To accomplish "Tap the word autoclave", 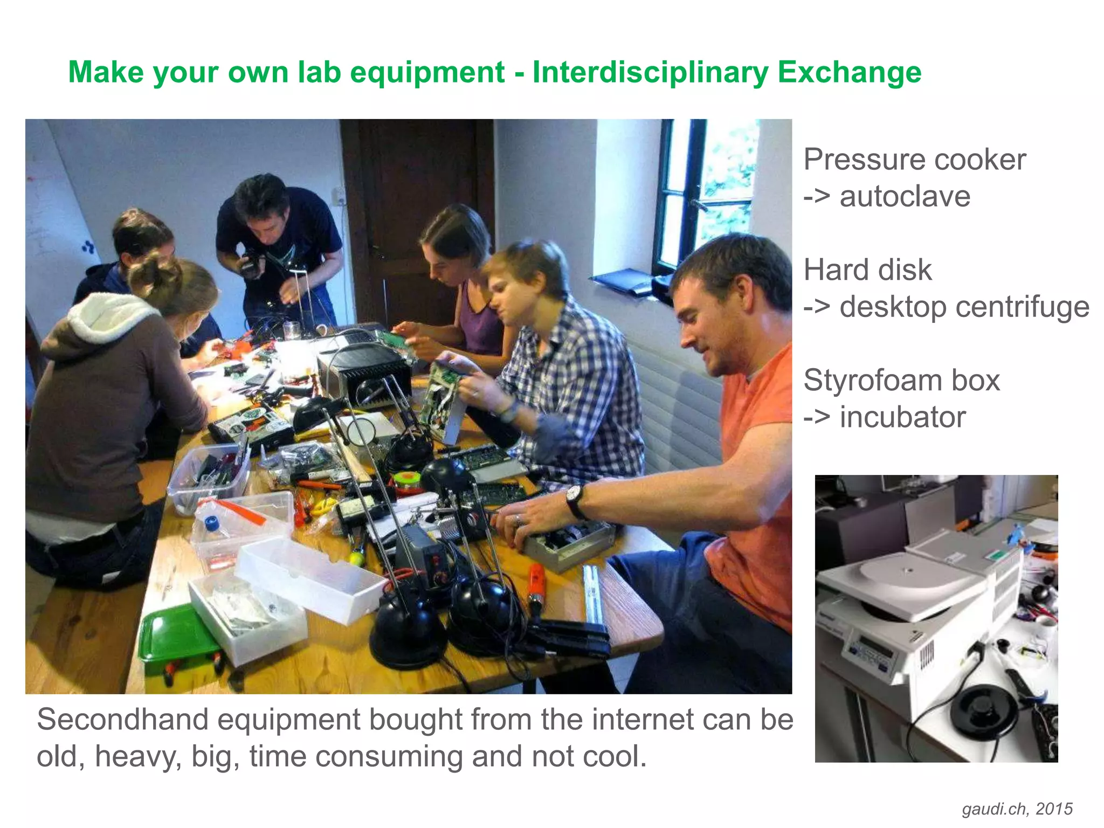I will pyautogui.click(x=905, y=196).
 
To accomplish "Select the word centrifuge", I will pyautogui.click(x=964, y=307).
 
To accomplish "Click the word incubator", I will pyautogui.click(x=902, y=417).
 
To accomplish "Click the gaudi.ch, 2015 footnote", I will pyautogui.click(x=1017, y=809).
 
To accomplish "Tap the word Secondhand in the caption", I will pyautogui.click(x=122, y=720).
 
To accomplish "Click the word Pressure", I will pyautogui.click(x=862, y=160).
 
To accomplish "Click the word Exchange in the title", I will pyautogui.click(x=849, y=72).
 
